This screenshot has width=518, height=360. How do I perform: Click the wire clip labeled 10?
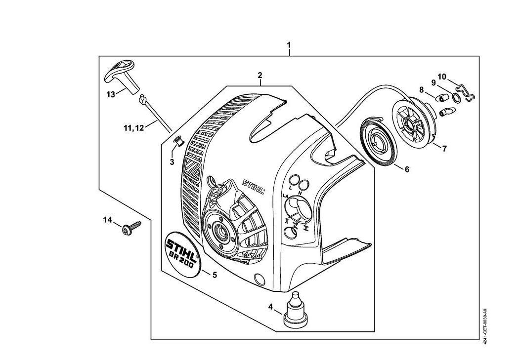[465, 93]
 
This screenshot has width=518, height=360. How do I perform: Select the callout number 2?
[260, 76]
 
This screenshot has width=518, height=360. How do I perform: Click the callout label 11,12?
[134, 128]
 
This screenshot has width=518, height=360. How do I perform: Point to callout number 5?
[215, 275]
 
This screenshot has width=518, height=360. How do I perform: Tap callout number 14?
[108, 220]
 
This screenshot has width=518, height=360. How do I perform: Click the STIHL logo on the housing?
[253, 186]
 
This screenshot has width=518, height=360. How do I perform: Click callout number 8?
[422, 90]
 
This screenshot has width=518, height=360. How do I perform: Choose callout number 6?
[407, 169]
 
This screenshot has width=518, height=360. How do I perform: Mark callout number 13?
[110, 94]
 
